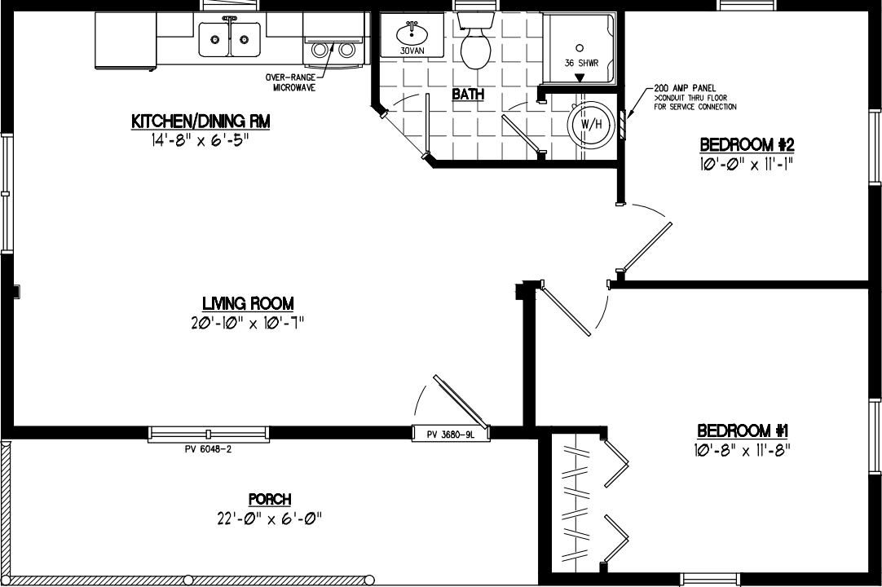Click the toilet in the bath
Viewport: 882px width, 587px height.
pyautogui.click(x=475, y=45)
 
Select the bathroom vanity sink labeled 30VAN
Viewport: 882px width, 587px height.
pyautogui.click(x=412, y=36)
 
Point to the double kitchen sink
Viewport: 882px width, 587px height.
pyautogui.click(x=230, y=38)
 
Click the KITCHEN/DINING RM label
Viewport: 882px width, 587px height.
pyautogui.click(x=201, y=121)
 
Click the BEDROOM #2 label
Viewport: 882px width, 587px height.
pyautogui.click(x=747, y=145)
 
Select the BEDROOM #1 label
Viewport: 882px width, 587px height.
pyautogui.click(x=743, y=430)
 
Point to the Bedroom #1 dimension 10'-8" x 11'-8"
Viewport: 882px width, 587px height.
pyautogui.click(x=743, y=449)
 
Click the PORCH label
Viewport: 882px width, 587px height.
pyautogui.click(x=269, y=499)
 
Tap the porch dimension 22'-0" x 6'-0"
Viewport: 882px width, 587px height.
pyautogui.click(x=269, y=519)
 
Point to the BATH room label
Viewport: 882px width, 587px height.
pyautogui.click(x=468, y=95)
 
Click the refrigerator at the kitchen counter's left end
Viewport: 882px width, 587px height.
pyautogui.click(x=125, y=41)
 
